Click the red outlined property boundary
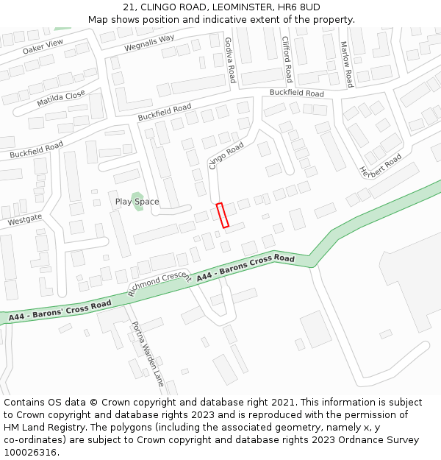tap(223, 215)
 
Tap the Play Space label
tap(137, 202)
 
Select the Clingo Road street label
tap(226, 156)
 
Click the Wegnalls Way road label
tap(149, 43)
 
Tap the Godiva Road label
tap(230, 60)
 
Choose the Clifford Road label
tap(288, 60)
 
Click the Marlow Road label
tap(346, 64)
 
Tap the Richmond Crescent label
tap(159, 283)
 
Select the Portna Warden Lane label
tap(147, 354)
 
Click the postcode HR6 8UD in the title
tap(300, 7)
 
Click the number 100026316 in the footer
tap(31, 452)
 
